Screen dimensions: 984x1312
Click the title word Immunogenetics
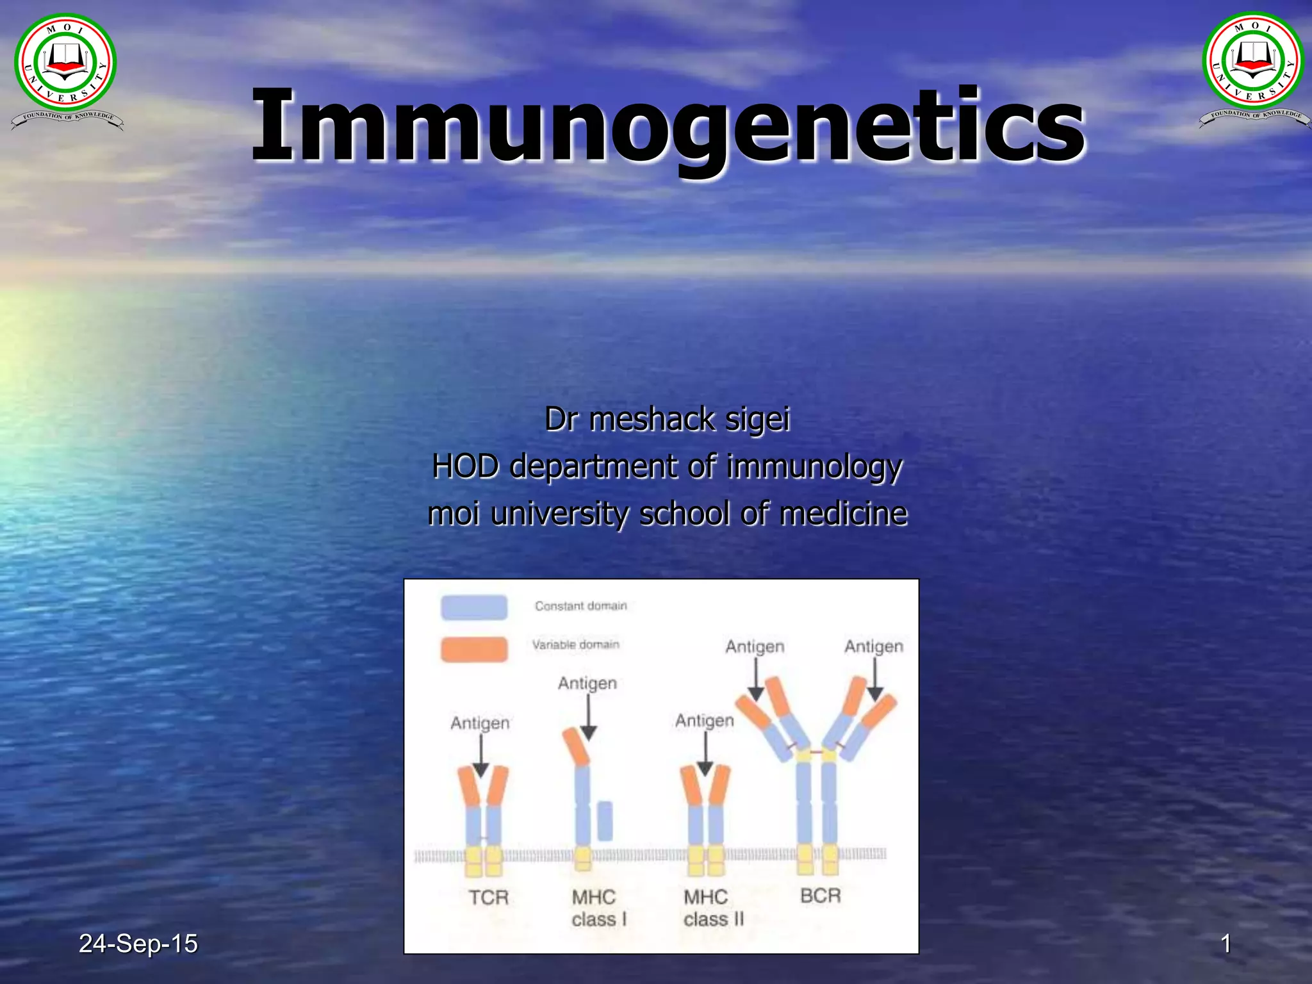[668, 125]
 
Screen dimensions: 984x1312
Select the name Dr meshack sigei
[667, 420]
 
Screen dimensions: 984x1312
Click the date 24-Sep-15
[138, 944]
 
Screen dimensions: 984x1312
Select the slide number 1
[1226, 944]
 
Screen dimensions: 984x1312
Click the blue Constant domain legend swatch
[474, 607]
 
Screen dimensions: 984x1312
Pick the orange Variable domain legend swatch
[474, 649]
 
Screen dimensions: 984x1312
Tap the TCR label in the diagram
[488, 898]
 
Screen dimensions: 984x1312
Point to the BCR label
[820, 896]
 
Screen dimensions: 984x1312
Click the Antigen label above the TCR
[480, 723]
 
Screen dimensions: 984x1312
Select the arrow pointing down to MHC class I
[589, 717]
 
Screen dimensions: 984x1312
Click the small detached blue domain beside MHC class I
[605, 821]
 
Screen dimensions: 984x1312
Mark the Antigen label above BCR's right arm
[873, 646]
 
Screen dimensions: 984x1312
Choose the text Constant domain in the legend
[580, 606]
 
